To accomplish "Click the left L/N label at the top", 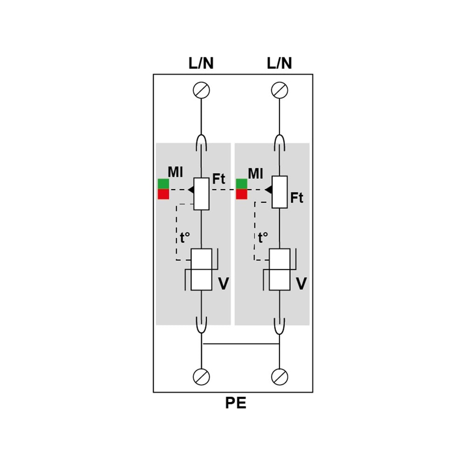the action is click(x=201, y=63).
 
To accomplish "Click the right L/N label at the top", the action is click(x=279, y=63).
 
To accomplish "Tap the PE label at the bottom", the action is click(x=236, y=403).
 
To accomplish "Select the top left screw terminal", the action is click(x=201, y=90).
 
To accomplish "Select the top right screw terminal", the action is click(x=280, y=90).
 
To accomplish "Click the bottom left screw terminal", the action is click(x=201, y=377).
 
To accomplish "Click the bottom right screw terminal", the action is click(x=280, y=377).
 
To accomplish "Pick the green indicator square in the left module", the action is click(x=164, y=184).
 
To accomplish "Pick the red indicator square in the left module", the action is click(x=164, y=194).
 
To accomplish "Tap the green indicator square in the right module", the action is click(x=241, y=184).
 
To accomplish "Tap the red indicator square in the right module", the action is click(x=241, y=194).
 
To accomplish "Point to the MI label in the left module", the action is click(x=175, y=172).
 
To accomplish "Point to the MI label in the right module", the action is click(x=255, y=173).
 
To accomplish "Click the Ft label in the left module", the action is click(x=219, y=179).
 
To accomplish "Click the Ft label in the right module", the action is click(x=296, y=198).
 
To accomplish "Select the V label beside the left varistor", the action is click(x=224, y=283).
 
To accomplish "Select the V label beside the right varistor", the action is click(x=302, y=283).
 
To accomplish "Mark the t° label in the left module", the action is click(x=185, y=238).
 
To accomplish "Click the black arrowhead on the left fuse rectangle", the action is click(x=191, y=189).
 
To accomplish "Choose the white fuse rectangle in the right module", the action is click(x=280, y=192).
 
